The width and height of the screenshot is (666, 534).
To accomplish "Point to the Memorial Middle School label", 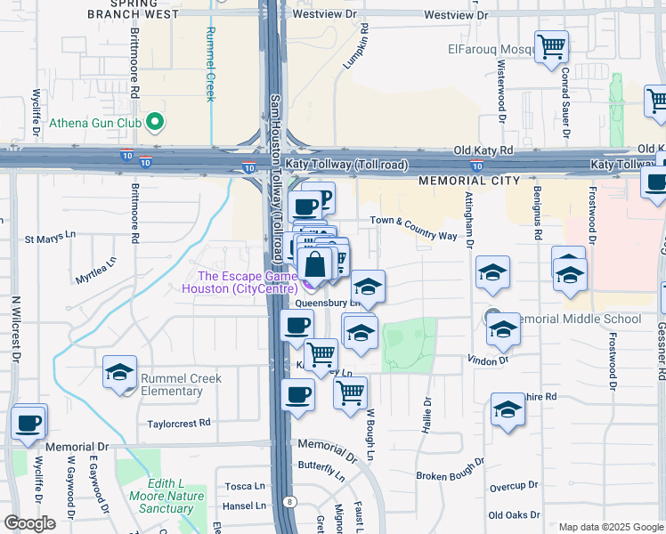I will (x=578, y=319).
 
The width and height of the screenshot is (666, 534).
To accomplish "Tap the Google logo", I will (x=29, y=523).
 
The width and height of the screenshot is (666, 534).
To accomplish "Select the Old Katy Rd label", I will (x=483, y=151).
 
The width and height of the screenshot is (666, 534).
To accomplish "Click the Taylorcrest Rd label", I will (x=178, y=424).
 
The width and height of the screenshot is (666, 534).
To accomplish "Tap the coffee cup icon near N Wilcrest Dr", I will (x=29, y=422).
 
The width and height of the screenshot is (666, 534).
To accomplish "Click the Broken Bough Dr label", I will (x=451, y=469).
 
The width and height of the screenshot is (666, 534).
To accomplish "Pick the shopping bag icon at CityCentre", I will (x=315, y=265).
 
